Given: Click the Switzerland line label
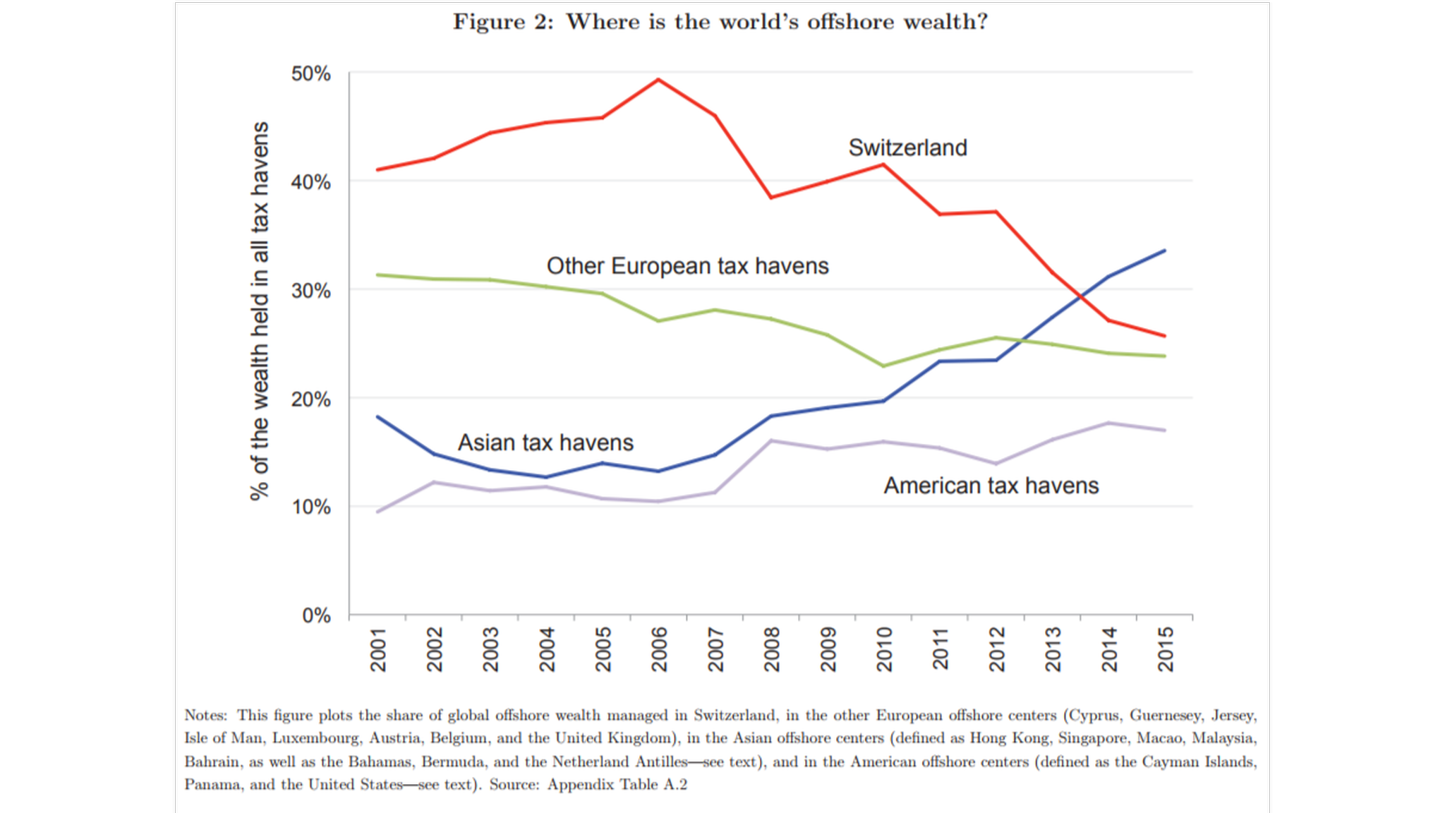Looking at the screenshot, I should point(907,148).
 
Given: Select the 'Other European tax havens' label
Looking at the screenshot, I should point(687,266).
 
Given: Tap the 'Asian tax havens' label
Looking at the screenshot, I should point(545,442).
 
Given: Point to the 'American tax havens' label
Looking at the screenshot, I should point(991,486).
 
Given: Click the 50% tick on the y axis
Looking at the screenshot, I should point(310,73).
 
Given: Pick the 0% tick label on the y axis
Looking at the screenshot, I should point(316,615).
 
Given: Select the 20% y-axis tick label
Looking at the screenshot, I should point(310,399).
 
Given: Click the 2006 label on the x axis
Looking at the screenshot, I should point(659,649).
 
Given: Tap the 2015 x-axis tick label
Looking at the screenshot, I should point(1166,649).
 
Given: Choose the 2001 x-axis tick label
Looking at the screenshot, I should point(378,649).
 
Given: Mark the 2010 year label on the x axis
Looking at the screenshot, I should point(884,649).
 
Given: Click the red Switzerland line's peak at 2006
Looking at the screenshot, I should point(658,80).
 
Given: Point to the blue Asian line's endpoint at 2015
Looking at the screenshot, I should point(1164,251).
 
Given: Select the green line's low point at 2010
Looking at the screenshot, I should point(883,366).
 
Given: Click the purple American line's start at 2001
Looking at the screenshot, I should point(378,512).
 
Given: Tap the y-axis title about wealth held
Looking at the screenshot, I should point(260,311).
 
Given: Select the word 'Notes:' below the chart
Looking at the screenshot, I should point(205,716).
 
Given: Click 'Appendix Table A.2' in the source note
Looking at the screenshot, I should point(617,785).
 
